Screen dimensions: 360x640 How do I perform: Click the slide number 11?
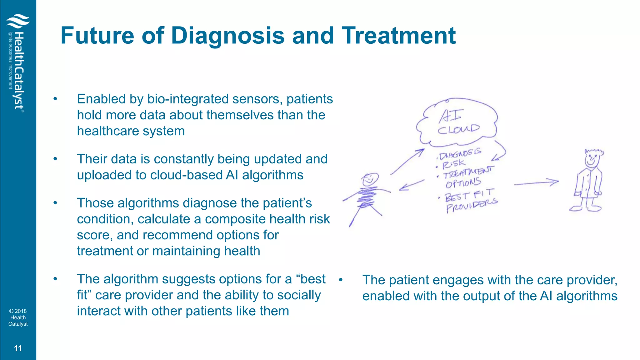point(18,348)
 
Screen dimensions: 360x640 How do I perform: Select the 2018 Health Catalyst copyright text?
point(18,317)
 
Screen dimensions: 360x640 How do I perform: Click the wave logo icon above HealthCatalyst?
point(18,21)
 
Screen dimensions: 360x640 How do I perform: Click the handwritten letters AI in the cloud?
point(450,116)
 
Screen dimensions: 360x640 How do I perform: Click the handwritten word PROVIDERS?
point(472,205)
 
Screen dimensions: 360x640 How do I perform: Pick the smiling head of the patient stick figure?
point(370,180)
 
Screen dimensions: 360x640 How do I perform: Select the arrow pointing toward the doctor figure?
point(536,183)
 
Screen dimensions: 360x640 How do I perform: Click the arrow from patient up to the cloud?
point(407,162)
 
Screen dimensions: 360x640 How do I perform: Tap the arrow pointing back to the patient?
point(412,185)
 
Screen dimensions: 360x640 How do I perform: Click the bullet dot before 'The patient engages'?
point(341,280)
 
